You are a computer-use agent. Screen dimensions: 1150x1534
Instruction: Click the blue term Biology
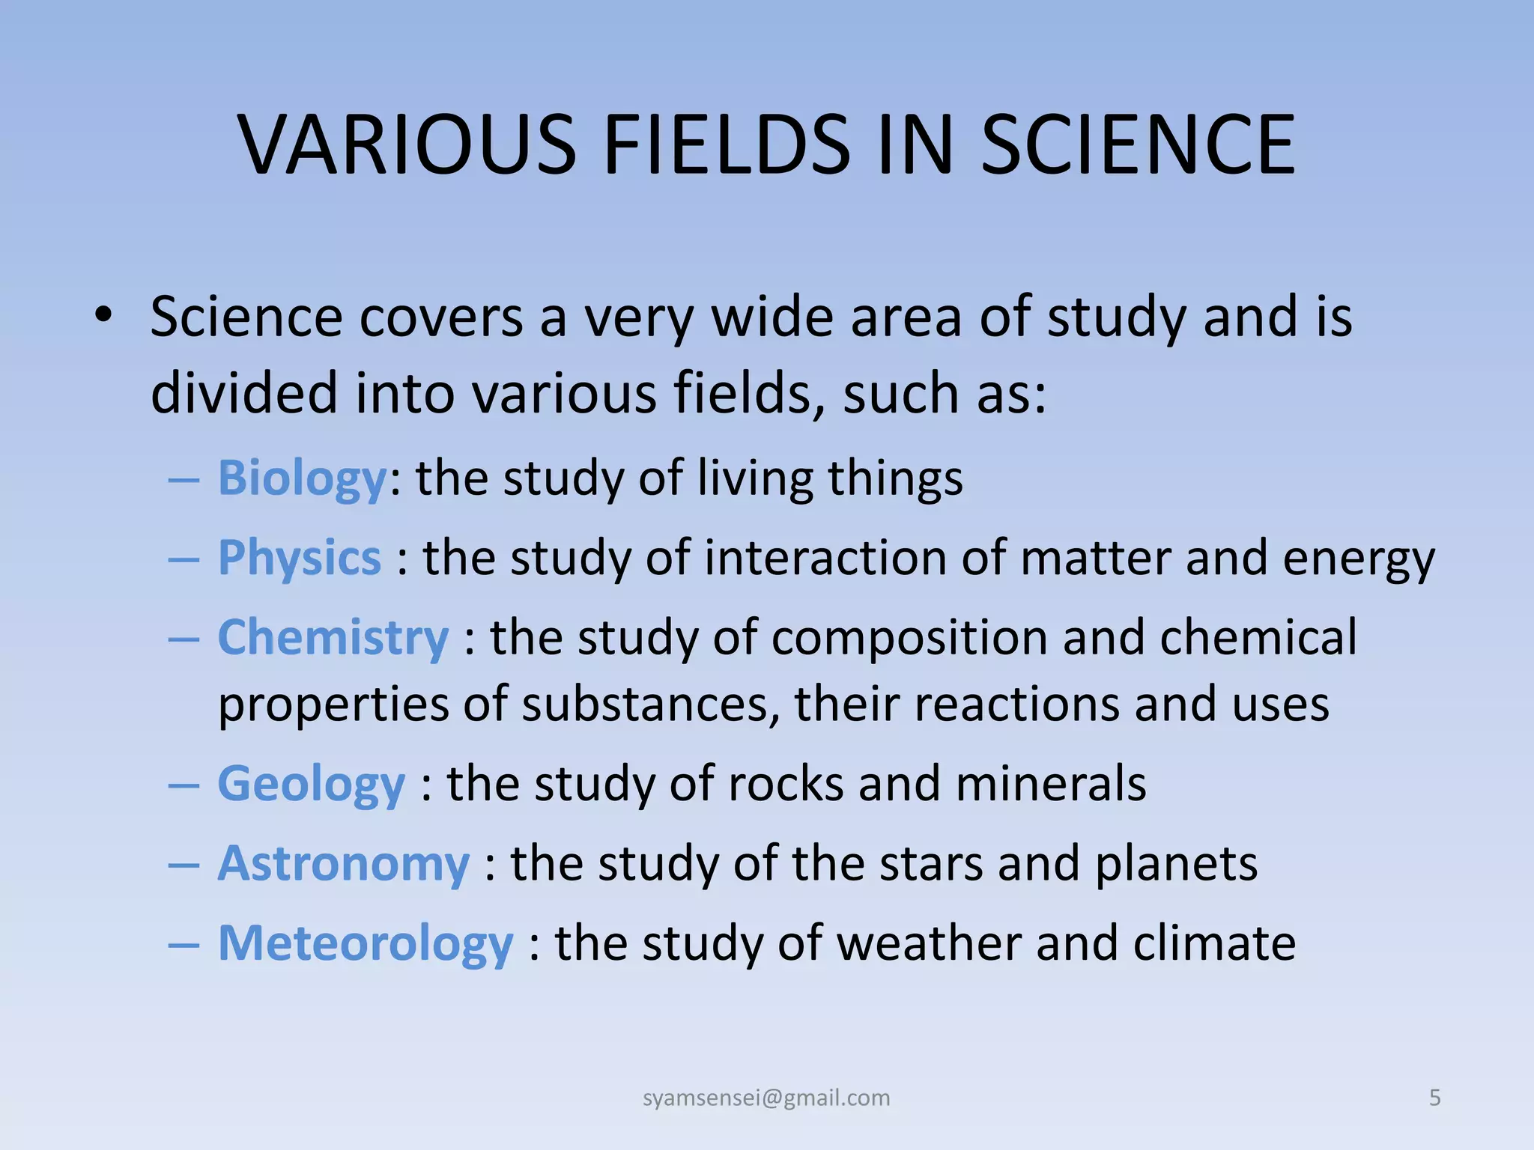click(302, 479)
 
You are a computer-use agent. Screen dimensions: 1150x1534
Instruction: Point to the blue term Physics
click(300, 559)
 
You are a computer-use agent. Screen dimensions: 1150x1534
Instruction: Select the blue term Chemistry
click(333, 637)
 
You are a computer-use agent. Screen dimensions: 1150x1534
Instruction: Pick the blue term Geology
click(311, 785)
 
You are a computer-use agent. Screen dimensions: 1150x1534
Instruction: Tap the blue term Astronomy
click(343, 864)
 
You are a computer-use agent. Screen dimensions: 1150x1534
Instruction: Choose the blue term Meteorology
click(366, 943)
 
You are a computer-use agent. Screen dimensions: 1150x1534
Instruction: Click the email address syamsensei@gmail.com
click(766, 1098)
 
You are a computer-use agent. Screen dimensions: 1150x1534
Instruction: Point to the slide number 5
click(1434, 1098)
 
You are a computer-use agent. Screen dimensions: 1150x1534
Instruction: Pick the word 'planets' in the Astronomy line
click(1176, 865)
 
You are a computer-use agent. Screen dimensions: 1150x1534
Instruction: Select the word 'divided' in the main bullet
click(244, 394)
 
